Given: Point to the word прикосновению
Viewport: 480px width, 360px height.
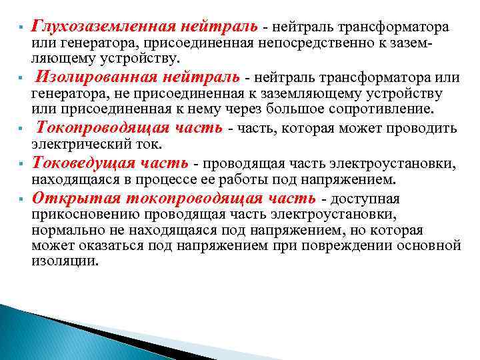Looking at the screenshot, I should coord(79,215).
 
